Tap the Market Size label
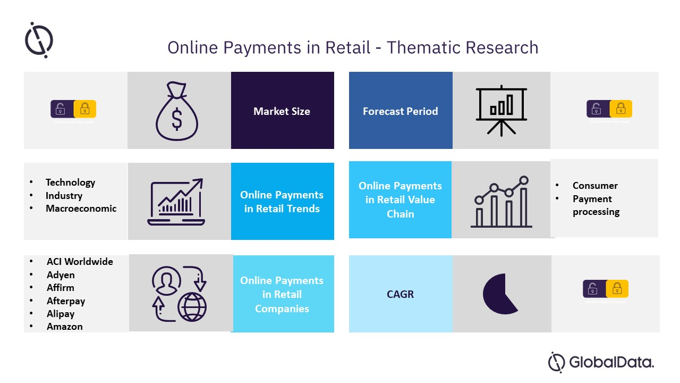pyautogui.click(x=282, y=111)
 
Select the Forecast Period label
pyautogui.click(x=400, y=111)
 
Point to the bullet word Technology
pyautogui.click(x=70, y=182)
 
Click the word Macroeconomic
pyautogui.click(x=81, y=209)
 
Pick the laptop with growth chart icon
pyautogui.click(x=176, y=202)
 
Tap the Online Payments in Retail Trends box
pyautogui.click(x=282, y=202)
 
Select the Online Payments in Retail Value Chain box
pyautogui.click(x=400, y=200)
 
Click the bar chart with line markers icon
pyautogui.click(x=501, y=202)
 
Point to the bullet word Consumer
pyautogui.click(x=595, y=186)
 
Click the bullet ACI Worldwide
pyautogui.click(x=80, y=262)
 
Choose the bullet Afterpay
pyautogui.click(x=66, y=301)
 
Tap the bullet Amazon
pyautogui.click(x=65, y=327)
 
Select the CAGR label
pyautogui.click(x=400, y=294)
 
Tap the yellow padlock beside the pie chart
pyautogui.click(x=617, y=289)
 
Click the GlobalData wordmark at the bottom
pyautogui.click(x=611, y=363)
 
